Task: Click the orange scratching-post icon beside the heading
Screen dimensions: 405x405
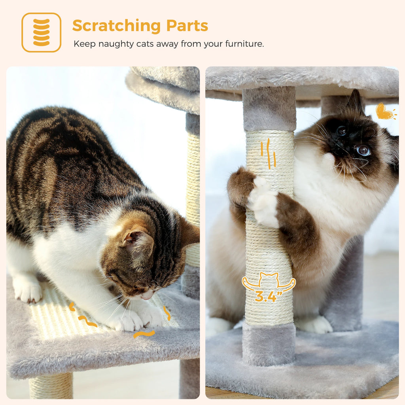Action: click(41, 32)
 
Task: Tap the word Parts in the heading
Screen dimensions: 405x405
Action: click(187, 26)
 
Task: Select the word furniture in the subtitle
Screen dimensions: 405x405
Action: click(244, 44)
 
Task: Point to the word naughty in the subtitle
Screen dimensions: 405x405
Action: click(115, 44)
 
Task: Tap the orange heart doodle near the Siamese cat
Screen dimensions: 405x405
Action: click(384, 112)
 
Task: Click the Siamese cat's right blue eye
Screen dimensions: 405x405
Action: click(363, 150)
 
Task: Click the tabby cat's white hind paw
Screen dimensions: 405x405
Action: click(28, 291)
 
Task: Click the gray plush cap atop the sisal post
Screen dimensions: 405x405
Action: click(269, 109)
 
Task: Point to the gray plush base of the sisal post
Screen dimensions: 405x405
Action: click(269, 343)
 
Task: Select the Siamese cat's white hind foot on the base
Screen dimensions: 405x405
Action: click(315, 324)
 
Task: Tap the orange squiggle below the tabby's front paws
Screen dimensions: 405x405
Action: click(144, 334)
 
